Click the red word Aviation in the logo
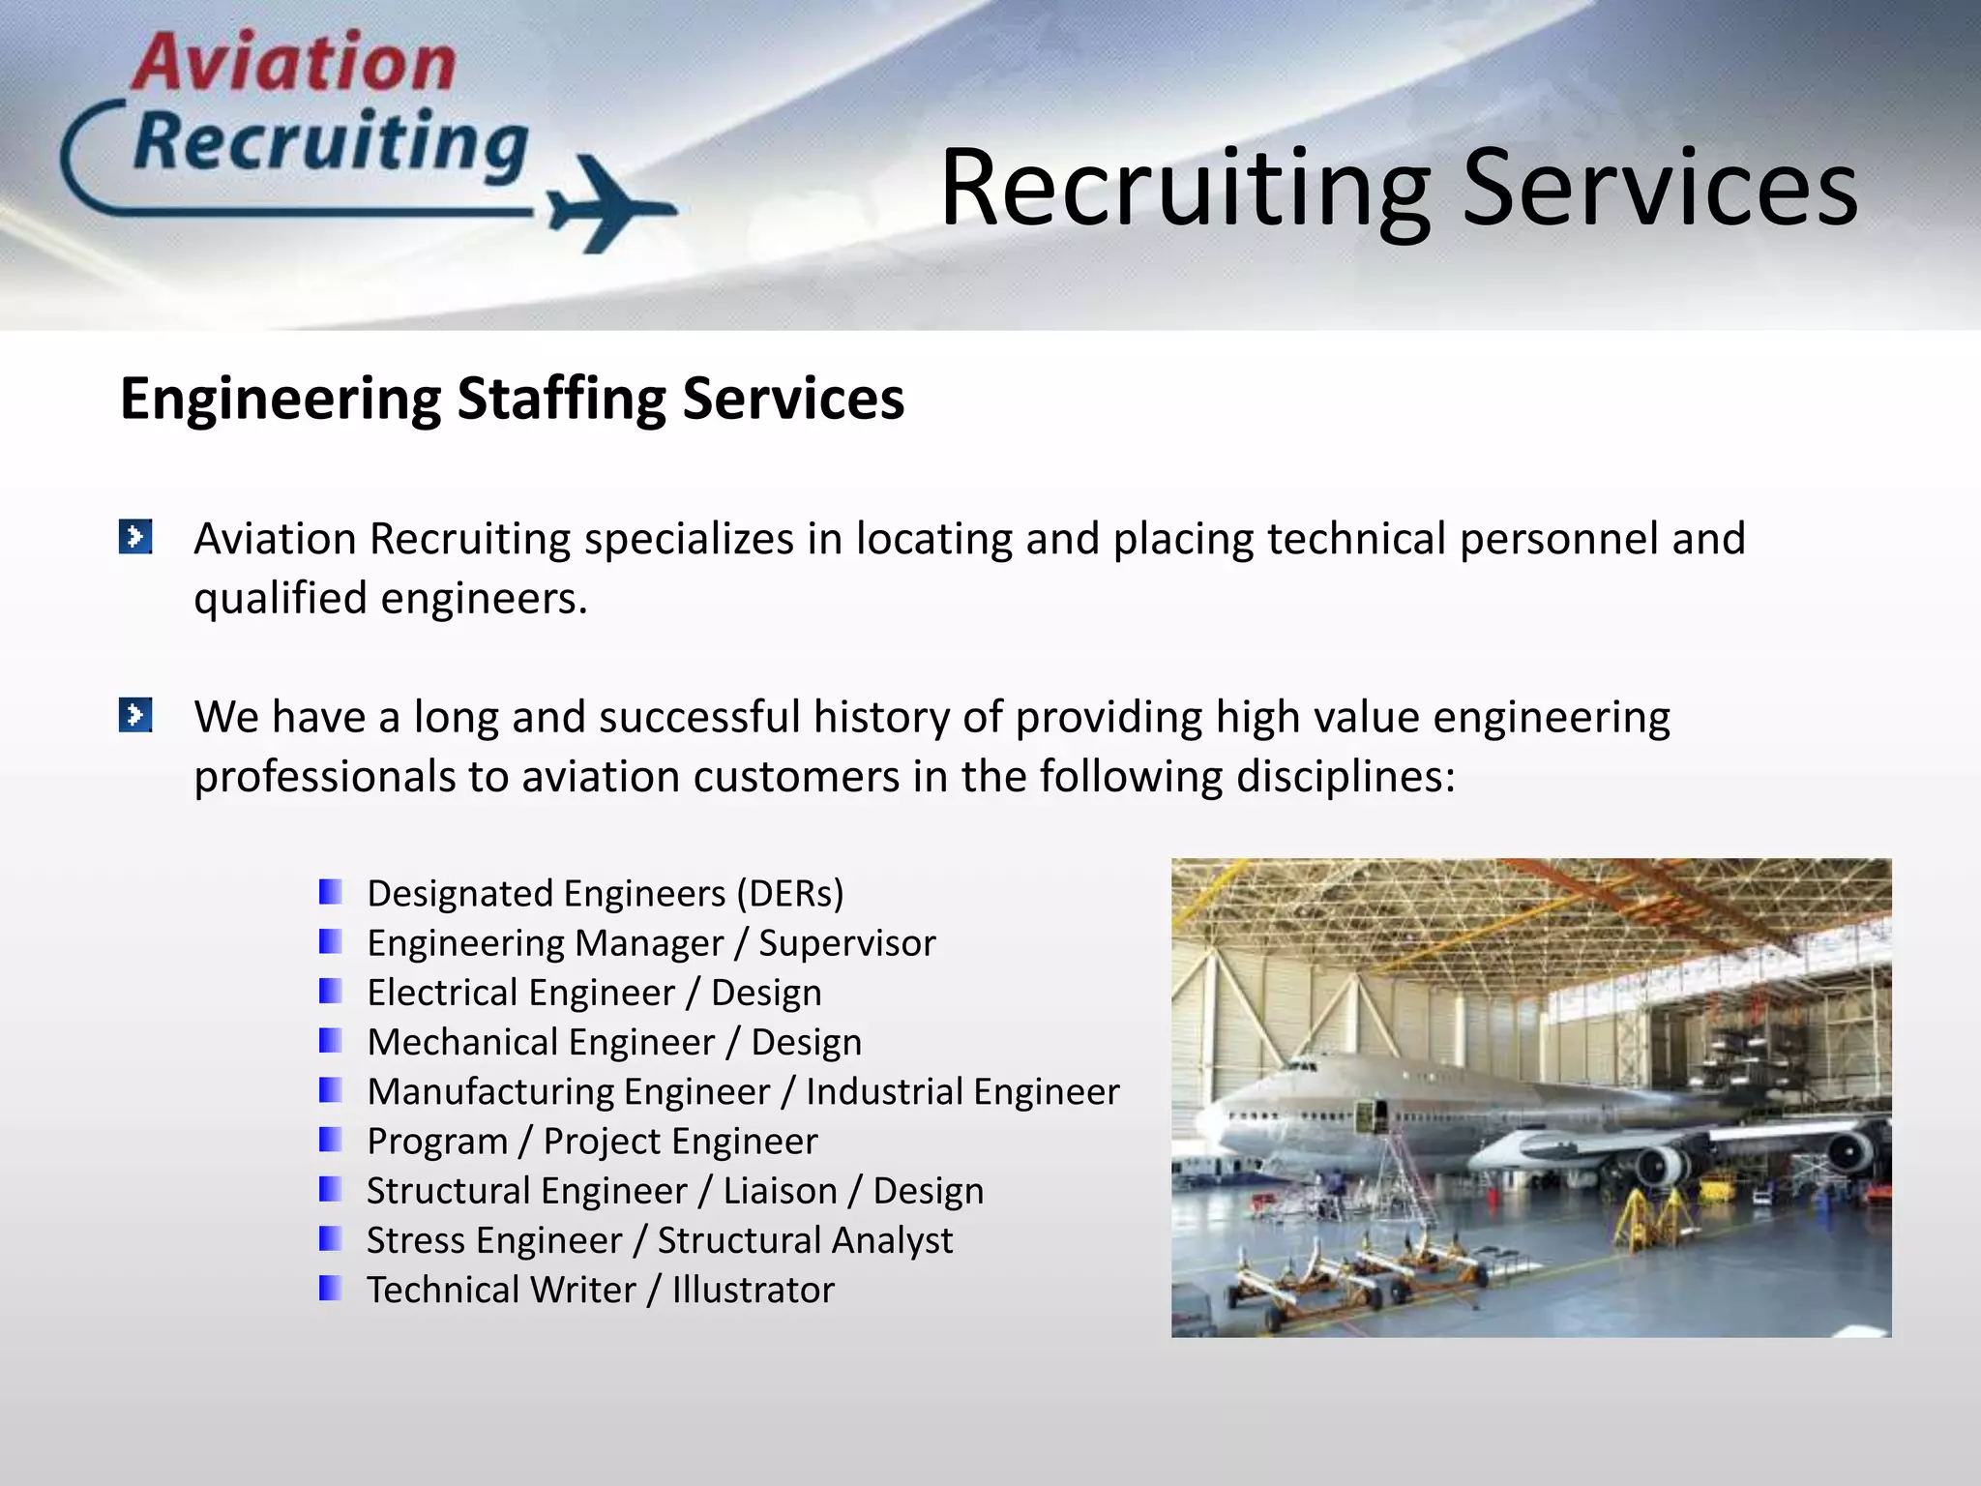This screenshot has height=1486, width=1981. click(294, 64)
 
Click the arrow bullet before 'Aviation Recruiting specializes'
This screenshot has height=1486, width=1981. click(135, 537)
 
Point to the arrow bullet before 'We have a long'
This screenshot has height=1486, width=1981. click(135, 716)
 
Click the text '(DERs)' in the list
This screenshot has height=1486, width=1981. click(789, 893)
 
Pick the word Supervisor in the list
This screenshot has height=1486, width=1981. click(846, 943)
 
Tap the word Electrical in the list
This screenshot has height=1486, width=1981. click(520, 993)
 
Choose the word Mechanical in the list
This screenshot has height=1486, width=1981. click(541, 1042)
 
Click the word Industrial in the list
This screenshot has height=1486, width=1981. click(884, 1091)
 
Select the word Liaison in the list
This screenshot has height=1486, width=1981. click(780, 1191)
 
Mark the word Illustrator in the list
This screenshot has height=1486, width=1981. click(753, 1290)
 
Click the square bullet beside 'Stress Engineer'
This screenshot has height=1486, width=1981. click(330, 1239)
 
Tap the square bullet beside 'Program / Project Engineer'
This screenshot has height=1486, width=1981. click(330, 1141)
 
